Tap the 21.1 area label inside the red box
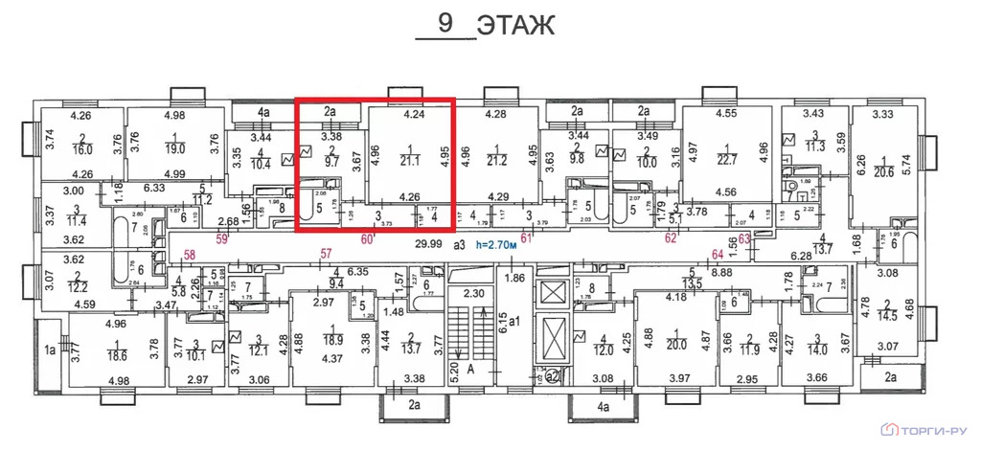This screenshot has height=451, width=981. click(414, 159)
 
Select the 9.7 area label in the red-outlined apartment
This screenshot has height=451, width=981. click(331, 163)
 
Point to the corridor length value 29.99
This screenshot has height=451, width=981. click(427, 244)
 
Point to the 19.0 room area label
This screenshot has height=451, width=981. click(173, 148)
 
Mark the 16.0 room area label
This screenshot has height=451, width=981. click(82, 149)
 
